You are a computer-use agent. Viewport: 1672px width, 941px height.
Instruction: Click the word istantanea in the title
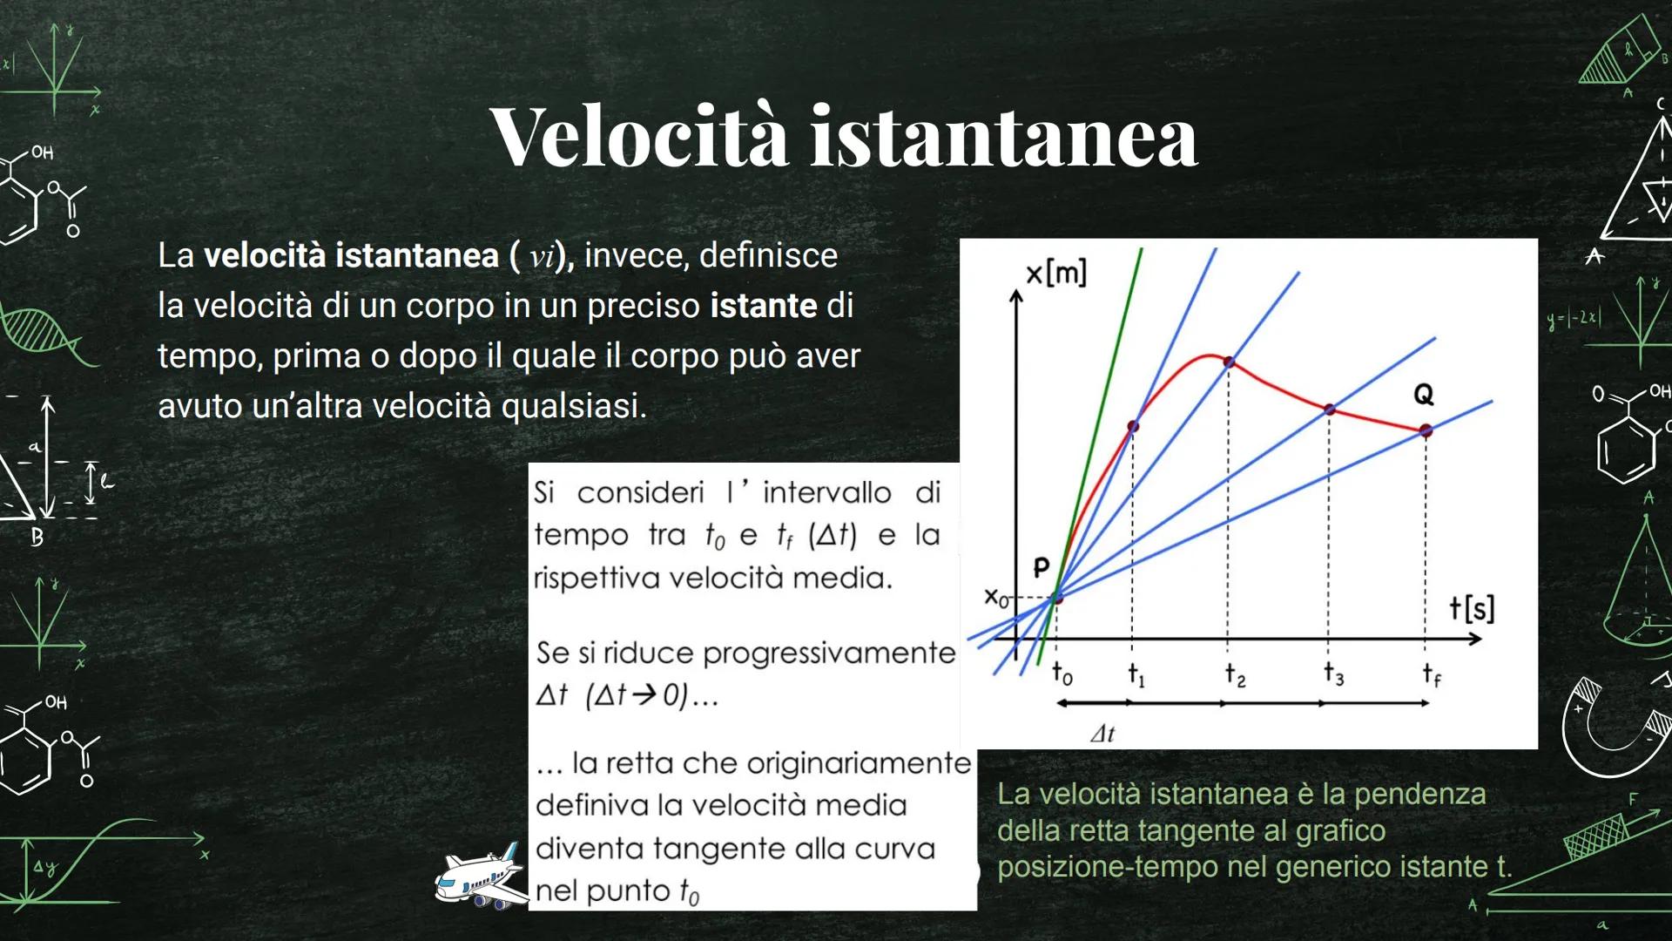(x=1004, y=137)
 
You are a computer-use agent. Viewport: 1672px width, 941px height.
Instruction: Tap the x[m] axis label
(x=1055, y=274)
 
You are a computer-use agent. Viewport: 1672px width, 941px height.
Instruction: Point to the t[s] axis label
(x=1471, y=607)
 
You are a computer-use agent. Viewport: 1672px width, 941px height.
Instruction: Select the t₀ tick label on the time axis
(x=1062, y=674)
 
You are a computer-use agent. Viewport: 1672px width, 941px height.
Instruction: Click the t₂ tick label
(x=1234, y=674)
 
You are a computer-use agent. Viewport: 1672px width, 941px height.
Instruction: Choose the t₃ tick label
(x=1333, y=674)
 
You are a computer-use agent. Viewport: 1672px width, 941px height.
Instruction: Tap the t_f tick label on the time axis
(x=1431, y=674)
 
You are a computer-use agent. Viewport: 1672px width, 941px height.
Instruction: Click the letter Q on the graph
(x=1423, y=395)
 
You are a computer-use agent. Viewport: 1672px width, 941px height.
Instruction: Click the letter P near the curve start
(x=1041, y=568)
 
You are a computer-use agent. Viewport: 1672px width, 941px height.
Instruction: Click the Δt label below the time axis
(x=1102, y=734)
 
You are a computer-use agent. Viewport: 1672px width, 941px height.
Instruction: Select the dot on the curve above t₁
(x=1133, y=426)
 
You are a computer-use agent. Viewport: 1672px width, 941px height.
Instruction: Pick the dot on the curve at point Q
(x=1426, y=430)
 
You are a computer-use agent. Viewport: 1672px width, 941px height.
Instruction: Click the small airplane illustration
(x=482, y=878)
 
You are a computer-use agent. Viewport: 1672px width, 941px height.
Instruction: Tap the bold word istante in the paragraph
(x=763, y=306)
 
